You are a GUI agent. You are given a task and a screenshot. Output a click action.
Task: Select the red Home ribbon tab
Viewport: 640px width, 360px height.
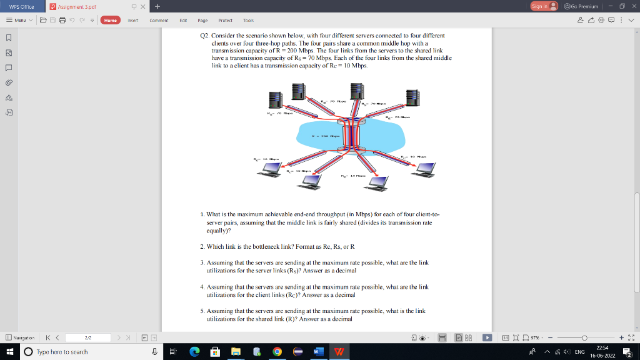coord(111,20)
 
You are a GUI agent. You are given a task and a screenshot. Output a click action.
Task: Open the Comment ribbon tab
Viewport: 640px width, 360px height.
coord(159,20)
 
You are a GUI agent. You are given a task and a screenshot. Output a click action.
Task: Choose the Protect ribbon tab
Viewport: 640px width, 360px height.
coord(225,20)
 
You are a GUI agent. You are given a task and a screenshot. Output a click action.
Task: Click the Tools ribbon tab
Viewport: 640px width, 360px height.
coord(248,20)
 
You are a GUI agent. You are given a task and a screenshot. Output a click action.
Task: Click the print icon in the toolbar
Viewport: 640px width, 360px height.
coord(62,20)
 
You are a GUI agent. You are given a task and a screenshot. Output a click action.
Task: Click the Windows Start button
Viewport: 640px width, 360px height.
coord(9,352)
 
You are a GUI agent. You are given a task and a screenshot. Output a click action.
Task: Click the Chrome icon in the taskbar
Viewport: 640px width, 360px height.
coord(277,352)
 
